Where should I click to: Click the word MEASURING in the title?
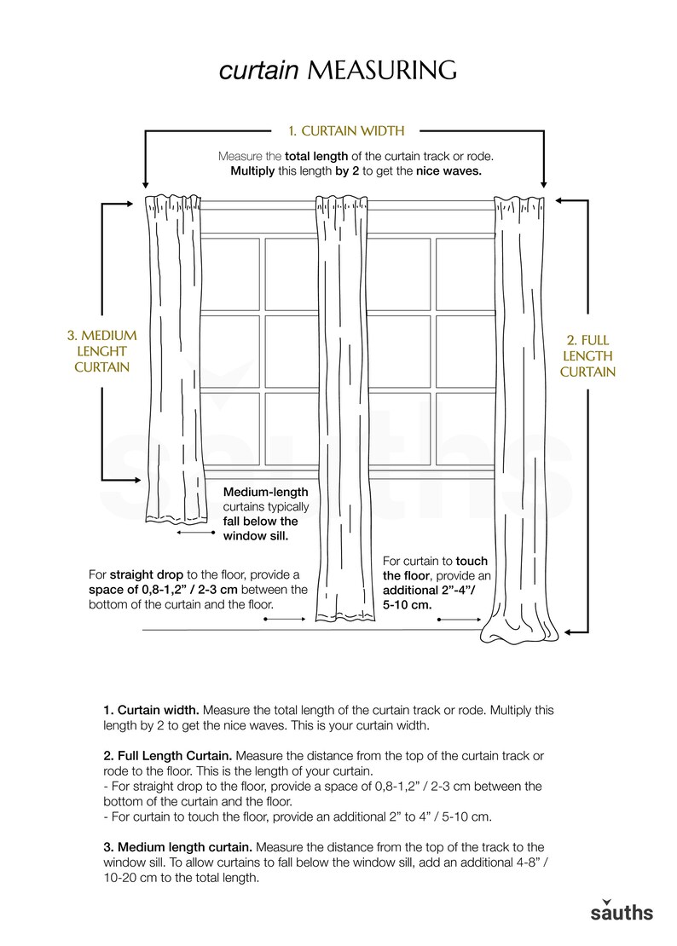point(382,71)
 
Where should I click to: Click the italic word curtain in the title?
point(260,71)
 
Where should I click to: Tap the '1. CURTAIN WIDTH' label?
point(345,130)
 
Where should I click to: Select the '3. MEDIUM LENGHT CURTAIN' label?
point(101,351)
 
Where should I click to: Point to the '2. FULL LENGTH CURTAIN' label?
point(587,356)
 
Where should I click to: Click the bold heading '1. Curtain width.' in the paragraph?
point(151,710)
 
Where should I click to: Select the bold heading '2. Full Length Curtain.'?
point(167,756)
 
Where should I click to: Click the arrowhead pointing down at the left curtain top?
point(147,183)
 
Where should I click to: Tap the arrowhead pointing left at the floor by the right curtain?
point(570,632)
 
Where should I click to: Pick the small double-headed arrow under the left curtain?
point(195,532)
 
